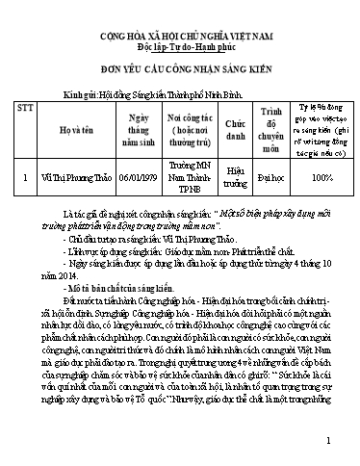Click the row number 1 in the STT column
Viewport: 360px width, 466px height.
coord(37,178)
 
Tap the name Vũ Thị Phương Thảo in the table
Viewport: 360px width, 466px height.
coord(75,178)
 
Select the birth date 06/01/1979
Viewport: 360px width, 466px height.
coord(132,178)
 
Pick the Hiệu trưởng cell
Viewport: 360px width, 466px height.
coord(229,178)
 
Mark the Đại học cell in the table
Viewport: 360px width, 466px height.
coord(270,178)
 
